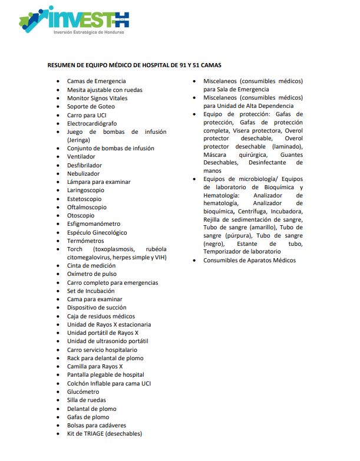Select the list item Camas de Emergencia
[96, 81]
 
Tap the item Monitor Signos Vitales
[97, 98]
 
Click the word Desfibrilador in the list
[84, 166]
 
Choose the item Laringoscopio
[86, 190]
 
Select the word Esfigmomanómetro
[94, 224]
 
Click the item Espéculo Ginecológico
[97, 232]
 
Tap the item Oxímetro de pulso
[92, 274]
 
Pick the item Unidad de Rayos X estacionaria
[109, 324]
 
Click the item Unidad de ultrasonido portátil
[107, 341]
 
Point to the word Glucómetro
[83, 391]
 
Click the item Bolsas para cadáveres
[97, 425]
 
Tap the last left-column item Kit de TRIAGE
[104, 433]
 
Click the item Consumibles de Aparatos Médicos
[249, 261]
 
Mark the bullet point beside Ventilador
[57, 157]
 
